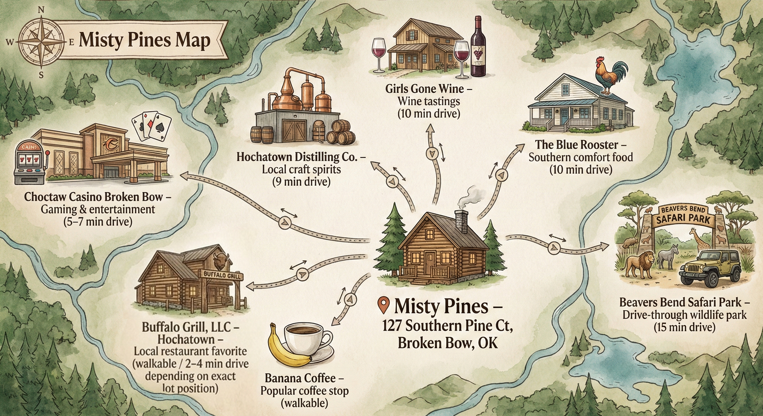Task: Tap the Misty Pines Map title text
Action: pyautogui.click(x=144, y=40)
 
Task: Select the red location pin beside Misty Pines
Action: pyautogui.click(x=384, y=305)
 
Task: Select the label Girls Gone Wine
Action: pyautogui.click(x=428, y=89)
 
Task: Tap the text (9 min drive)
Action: pyautogui.click(x=301, y=181)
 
